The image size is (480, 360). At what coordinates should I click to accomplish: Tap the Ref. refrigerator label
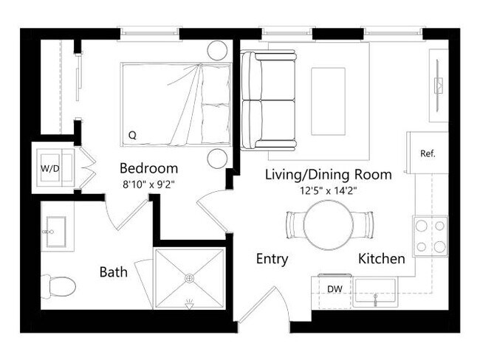pos(428,154)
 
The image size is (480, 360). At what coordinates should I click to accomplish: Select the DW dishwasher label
pos(335,288)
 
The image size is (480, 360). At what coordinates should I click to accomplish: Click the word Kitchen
pos(381,259)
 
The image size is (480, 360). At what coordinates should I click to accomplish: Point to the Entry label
pos(272,259)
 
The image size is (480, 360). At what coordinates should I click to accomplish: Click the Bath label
pos(113,272)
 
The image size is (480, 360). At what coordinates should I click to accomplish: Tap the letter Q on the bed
pos(132,135)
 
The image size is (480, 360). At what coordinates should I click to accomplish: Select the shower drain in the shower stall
pos(189,278)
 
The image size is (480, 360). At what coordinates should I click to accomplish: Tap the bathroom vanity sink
pos(55,232)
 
